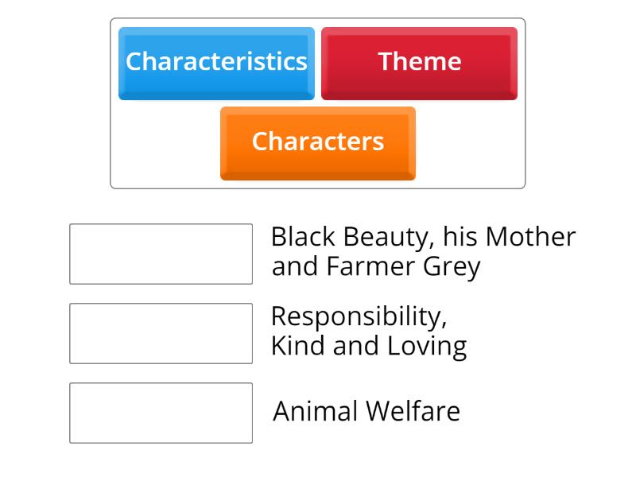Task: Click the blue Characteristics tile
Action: point(216,63)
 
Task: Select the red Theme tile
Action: point(419,63)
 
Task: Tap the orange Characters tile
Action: point(317,142)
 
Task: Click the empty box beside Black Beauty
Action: point(161,254)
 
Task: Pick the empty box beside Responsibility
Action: point(161,333)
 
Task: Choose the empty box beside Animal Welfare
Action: point(161,413)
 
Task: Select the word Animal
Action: point(315,412)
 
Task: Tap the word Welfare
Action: point(413,412)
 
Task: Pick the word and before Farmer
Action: point(296,267)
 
